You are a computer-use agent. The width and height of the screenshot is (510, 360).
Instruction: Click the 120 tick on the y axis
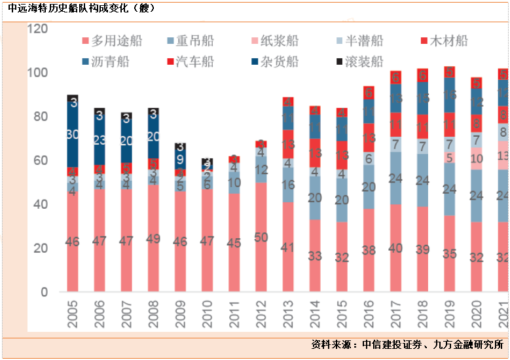pos(39,29)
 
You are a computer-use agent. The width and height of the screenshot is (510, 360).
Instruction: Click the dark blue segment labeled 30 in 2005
pos(73,135)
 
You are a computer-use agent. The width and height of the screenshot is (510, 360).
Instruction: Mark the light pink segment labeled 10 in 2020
pos(477,158)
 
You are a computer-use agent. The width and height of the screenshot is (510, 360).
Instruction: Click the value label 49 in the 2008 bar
pos(154,238)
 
